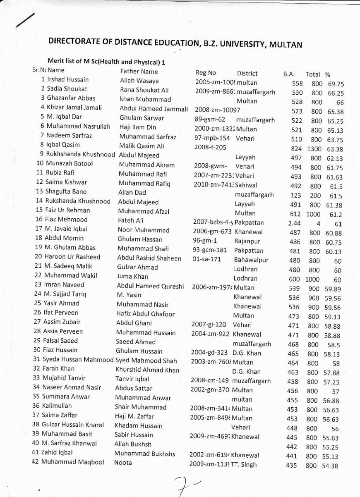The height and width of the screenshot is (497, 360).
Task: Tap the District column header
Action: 247,73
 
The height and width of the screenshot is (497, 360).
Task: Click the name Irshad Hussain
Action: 68,79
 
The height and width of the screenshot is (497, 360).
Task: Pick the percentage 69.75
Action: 336,84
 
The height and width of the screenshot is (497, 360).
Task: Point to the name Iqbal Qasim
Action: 63,145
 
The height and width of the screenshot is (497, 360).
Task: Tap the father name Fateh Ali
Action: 131,220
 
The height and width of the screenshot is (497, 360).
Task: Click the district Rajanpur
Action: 247,241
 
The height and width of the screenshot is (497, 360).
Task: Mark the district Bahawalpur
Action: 251,260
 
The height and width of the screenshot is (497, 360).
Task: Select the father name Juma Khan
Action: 132,277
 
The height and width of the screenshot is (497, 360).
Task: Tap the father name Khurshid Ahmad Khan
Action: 147,370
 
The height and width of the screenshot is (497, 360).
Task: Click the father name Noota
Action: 123,463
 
